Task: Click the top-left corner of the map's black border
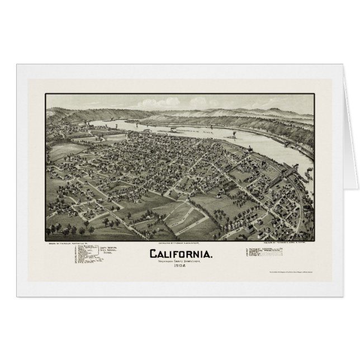tap(46, 94)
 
